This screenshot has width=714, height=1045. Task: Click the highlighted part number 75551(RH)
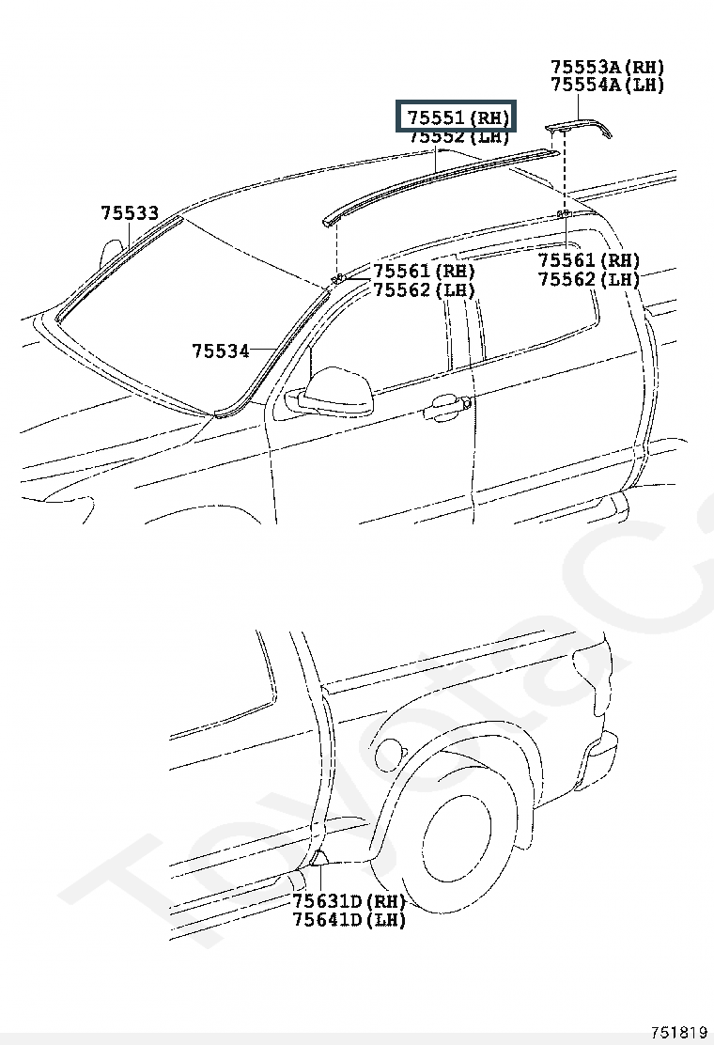tap(458, 117)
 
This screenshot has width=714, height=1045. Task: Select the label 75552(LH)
tap(458, 137)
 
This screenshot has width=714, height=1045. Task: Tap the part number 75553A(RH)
tap(607, 67)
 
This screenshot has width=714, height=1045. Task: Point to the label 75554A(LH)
tap(607, 85)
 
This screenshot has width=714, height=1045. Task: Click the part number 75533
tap(130, 213)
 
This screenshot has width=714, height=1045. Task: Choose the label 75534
tap(221, 351)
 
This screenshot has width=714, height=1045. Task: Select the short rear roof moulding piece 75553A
tap(579, 126)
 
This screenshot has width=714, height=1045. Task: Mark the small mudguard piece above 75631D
tap(319, 856)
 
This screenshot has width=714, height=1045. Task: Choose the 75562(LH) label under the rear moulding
tap(589, 279)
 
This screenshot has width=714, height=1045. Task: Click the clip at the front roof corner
tap(335, 278)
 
